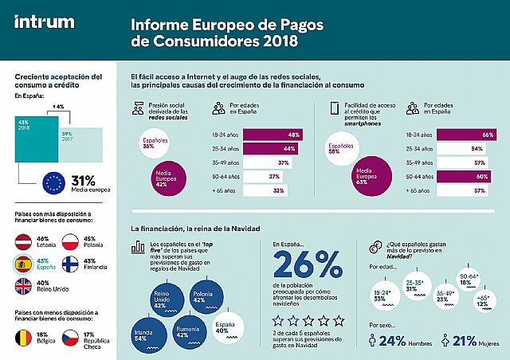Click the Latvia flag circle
click(x=24, y=242)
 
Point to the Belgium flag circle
click(x=24, y=338)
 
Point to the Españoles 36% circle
click(x=147, y=142)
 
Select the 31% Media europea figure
click(x=83, y=180)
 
